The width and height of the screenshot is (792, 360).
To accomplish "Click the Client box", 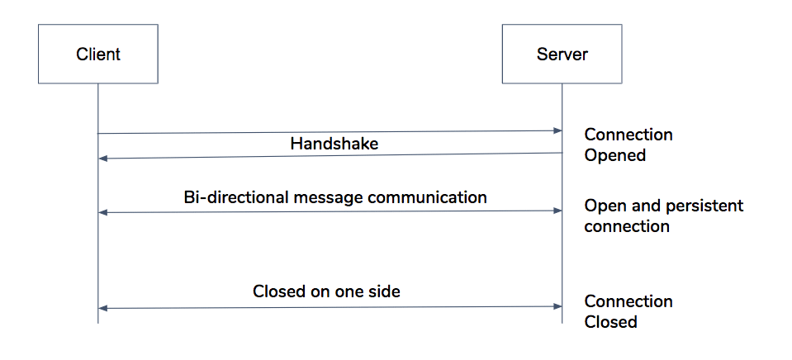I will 98,54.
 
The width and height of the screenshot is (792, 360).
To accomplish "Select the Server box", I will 562,54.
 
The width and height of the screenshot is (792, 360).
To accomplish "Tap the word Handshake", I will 334,143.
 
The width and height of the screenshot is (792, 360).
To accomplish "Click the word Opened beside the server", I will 614,154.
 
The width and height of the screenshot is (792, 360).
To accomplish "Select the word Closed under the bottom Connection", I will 610,322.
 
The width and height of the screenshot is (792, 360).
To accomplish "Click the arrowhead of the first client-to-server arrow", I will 557,130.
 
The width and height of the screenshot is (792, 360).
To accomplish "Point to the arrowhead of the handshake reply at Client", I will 102,159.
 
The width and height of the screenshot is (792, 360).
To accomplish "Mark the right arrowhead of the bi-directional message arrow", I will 557,211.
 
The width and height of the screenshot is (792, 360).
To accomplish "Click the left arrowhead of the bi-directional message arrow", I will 102,212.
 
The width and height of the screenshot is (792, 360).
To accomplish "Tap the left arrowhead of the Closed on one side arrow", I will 102,308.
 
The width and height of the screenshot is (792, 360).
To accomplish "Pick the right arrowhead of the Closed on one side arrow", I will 557,307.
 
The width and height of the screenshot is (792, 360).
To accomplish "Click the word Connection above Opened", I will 628,135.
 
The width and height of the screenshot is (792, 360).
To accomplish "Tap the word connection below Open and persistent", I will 627,225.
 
